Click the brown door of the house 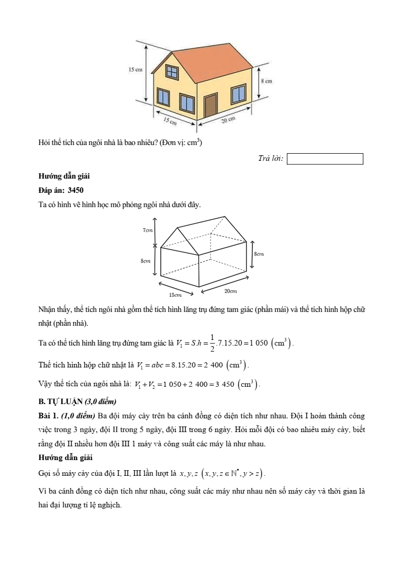tap(211, 105)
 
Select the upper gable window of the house tap(172, 73)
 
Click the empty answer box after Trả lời tap(325, 159)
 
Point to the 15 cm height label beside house tap(135, 70)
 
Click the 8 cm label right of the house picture tap(266, 81)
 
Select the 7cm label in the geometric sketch tap(147, 230)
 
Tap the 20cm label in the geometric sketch tap(230, 291)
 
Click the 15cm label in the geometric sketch tap(175, 295)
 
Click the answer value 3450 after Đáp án tap(75, 190)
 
